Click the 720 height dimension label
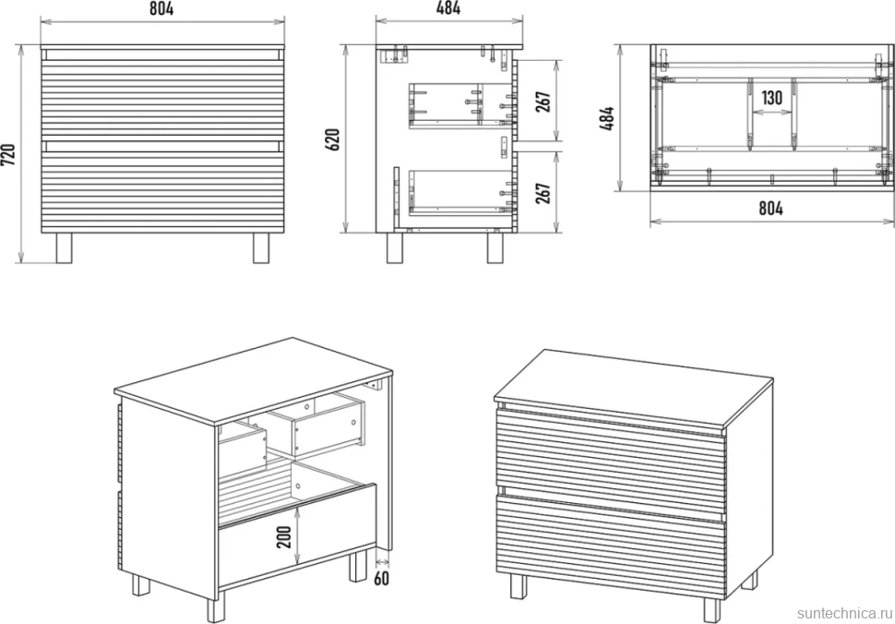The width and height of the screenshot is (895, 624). pos(8,155)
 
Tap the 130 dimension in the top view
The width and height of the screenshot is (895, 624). pos(771,98)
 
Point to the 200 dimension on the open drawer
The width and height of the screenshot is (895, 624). pos(283,536)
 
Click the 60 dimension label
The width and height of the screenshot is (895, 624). pos(381,578)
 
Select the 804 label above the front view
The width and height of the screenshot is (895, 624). pos(161,8)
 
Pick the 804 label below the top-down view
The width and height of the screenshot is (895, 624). pos(770,209)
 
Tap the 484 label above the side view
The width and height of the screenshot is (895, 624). pos(448,8)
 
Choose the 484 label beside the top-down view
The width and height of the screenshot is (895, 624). pos(607,118)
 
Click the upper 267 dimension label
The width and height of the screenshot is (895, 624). pos(543,102)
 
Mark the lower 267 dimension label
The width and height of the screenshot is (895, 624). pos(543,193)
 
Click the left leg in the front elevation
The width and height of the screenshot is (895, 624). pos(64,247)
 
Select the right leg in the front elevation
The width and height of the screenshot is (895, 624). pos(261,247)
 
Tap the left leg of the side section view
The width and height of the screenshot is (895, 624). pos(394,247)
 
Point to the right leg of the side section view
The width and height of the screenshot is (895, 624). pos(495,247)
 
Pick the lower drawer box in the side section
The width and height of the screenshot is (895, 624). pos(460,192)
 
